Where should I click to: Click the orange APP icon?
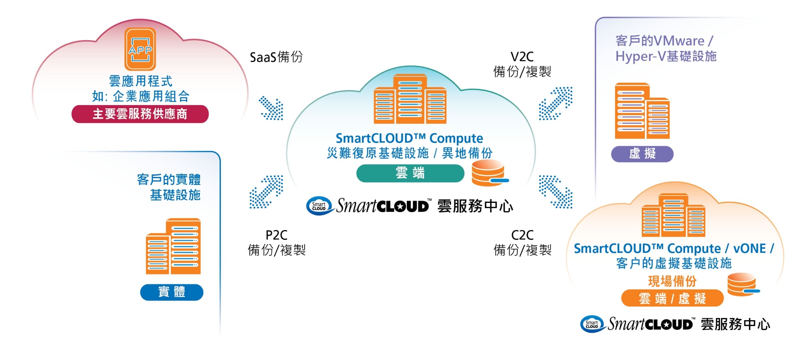(x=140, y=49)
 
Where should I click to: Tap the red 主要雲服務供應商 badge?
(x=140, y=114)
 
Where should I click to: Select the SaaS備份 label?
(x=276, y=57)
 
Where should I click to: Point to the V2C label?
(x=522, y=57)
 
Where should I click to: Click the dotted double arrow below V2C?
(x=555, y=104)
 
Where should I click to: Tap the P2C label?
(x=276, y=235)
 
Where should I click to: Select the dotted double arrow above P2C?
(x=266, y=192)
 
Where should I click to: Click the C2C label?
(x=522, y=235)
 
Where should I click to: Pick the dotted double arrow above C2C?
(x=555, y=192)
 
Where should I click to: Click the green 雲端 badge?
(x=410, y=173)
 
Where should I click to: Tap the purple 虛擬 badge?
(x=642, y=154)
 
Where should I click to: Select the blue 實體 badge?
(x=172, y=292)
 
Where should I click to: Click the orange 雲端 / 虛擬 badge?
(x=672, y=298)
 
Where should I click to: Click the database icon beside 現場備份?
(x=743, y=284)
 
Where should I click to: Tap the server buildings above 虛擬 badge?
(x=642, y=111)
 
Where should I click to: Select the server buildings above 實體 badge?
(x=173, y=246)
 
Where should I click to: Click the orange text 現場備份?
(x=672, y=281)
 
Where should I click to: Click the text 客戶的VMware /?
(x=664, y=41)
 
